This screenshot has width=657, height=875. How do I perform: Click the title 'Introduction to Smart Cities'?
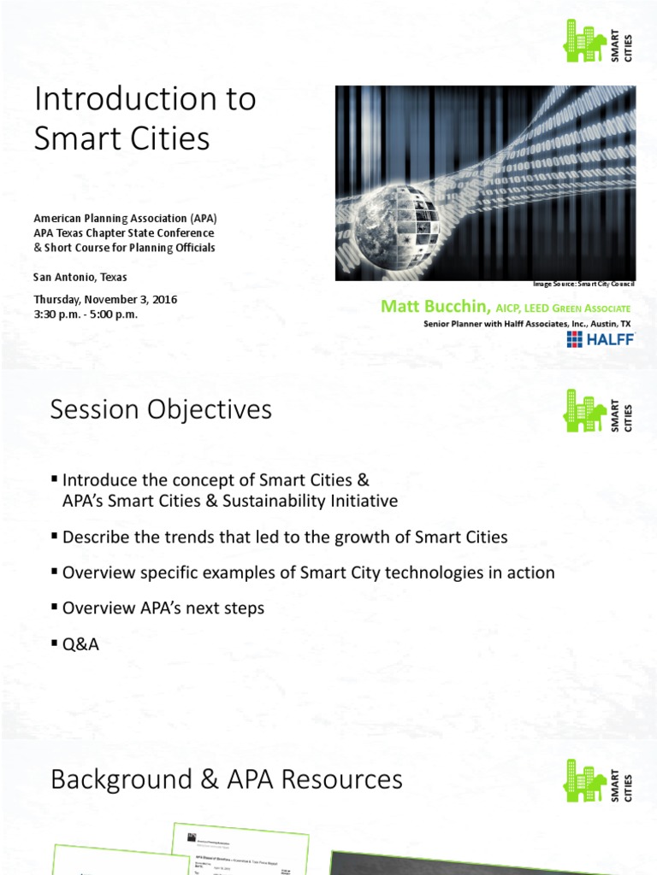click(145, 118)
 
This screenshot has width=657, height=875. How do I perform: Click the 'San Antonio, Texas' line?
click(80, 277)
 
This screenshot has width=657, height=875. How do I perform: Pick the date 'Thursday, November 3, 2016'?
click(105, 300)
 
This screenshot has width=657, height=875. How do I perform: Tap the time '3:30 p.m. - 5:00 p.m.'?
click(86, 314)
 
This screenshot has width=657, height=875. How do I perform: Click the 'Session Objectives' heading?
click(161, 410)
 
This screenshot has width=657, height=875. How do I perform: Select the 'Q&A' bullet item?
click(80, 644)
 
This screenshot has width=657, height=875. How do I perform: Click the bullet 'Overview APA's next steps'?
click(163, 608)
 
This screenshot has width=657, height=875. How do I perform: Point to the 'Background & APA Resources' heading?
click(226, 779)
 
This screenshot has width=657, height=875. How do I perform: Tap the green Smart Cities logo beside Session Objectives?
click(598, 411)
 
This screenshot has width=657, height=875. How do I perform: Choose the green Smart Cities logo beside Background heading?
click(598, 780)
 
